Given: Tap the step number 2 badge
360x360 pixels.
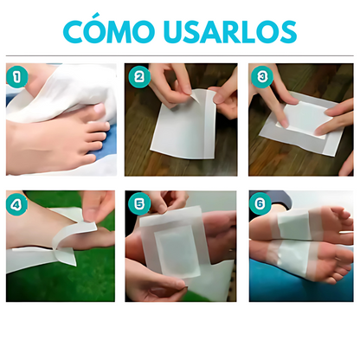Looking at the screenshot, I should pos(138,75).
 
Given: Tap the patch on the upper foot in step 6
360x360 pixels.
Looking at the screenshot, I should pos(299,223).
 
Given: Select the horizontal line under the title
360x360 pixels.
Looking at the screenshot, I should pos(180,56).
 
